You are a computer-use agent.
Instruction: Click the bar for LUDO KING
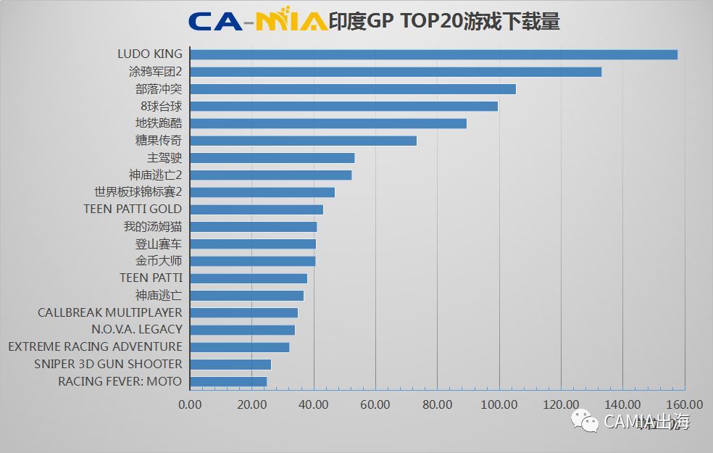click(433, 54)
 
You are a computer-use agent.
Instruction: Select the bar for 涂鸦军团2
click(396, 72)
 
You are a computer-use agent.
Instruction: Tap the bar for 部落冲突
click(353, 89)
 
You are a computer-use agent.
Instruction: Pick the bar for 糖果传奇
click(303, 141)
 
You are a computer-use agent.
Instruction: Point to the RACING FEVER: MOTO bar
click(228, 381)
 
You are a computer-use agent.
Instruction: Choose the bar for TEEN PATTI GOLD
click(257, 209)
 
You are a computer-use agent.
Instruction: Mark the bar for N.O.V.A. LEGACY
click(242, 330)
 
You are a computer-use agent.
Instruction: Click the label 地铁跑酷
click(159, 123)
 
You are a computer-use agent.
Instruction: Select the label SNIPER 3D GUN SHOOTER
click(108, 364)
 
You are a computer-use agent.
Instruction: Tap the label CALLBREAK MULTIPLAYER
click(110, 312)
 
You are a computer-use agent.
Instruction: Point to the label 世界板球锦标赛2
click(138, 192)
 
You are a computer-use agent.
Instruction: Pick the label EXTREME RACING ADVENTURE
click(95, 346)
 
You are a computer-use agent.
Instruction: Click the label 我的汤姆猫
click(153, 227)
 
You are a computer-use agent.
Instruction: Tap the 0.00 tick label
click(190, 404)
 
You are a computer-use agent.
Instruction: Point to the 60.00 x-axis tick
click(375, 404)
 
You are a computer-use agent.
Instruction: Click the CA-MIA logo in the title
click(257, 21)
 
